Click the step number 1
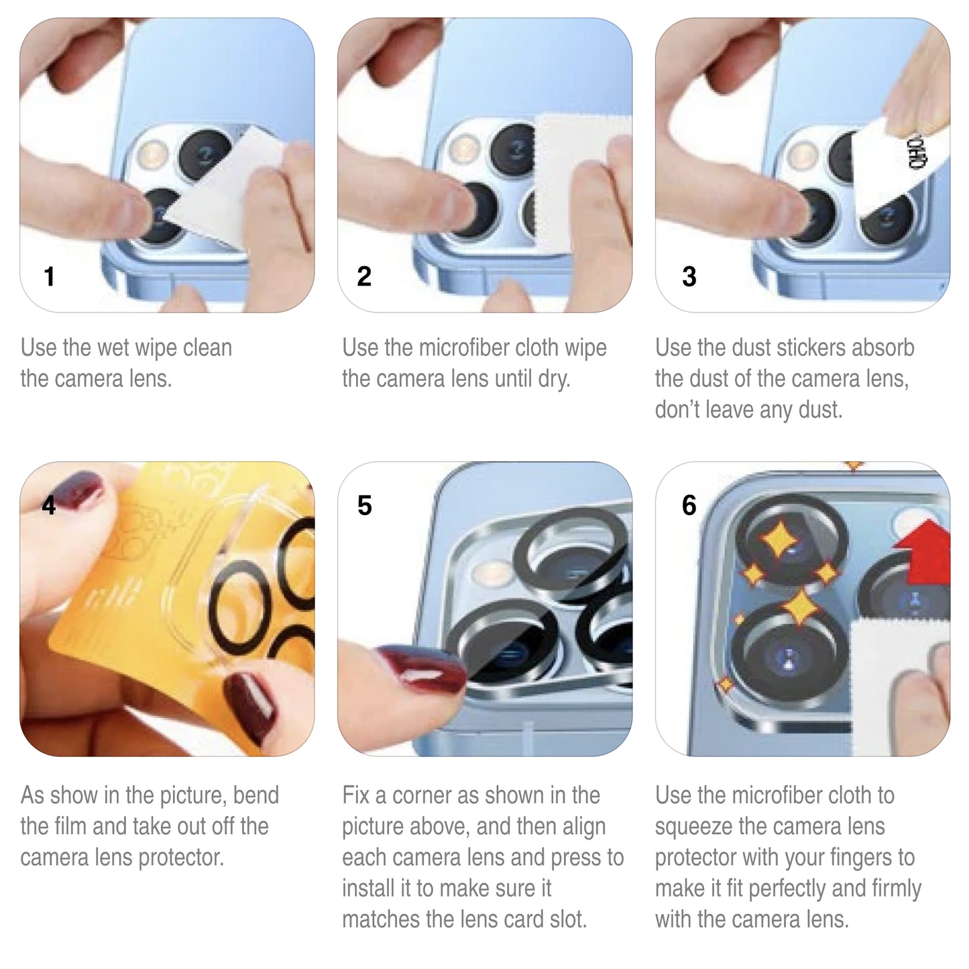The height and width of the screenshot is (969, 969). point(49,276)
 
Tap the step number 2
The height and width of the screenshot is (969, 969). point(364,276)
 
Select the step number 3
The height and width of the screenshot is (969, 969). point(689,276)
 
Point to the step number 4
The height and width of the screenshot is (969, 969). point(49,504)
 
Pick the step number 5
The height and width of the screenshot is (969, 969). point(365,505)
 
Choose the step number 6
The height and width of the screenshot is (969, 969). point(689,505)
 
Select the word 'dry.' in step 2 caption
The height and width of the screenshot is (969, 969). point(554,379)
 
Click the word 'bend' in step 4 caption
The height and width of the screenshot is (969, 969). point(255,795)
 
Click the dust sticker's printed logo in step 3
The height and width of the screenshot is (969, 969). point(916,153)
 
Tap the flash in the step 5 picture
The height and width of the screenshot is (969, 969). point(494,573)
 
